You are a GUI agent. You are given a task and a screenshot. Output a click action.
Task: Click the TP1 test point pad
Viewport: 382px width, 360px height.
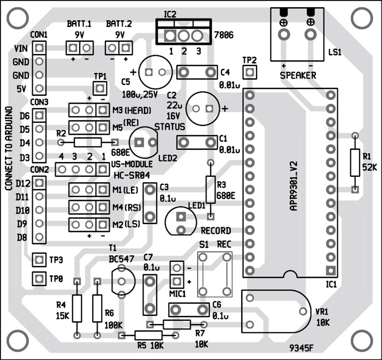click(x=99, y=87)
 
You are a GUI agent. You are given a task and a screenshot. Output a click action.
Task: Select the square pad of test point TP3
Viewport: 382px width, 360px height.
click(x=39, y=260)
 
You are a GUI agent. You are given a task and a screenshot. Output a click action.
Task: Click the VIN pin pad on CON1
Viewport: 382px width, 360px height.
click(x=39, y=48)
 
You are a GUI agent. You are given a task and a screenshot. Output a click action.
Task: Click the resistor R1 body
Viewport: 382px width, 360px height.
click(x=355, y=163)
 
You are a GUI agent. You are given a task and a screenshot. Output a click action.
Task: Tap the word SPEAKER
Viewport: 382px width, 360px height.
click(x=297, y=75)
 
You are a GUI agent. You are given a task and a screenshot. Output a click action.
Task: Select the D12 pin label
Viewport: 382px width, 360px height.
click(x=23, y=183)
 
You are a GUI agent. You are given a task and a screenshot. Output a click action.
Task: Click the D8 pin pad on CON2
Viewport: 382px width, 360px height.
click(x=39, y=237)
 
